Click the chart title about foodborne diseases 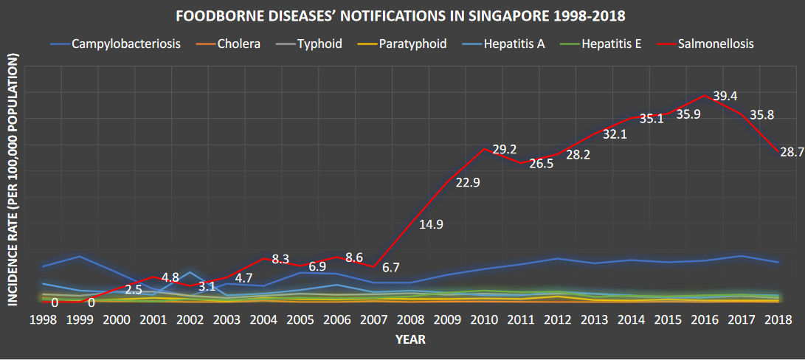pos(402,15)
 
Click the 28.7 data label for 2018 pos(791,152)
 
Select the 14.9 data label pos(430,224)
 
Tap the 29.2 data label pos(504,149)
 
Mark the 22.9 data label pos(468,183)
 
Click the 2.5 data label pos(133,290)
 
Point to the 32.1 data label pos(614,135)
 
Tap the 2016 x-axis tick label pos(705,319)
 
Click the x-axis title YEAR pos(410,339)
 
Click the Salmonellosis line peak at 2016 pos(705,95)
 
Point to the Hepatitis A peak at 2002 pos(190,272)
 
